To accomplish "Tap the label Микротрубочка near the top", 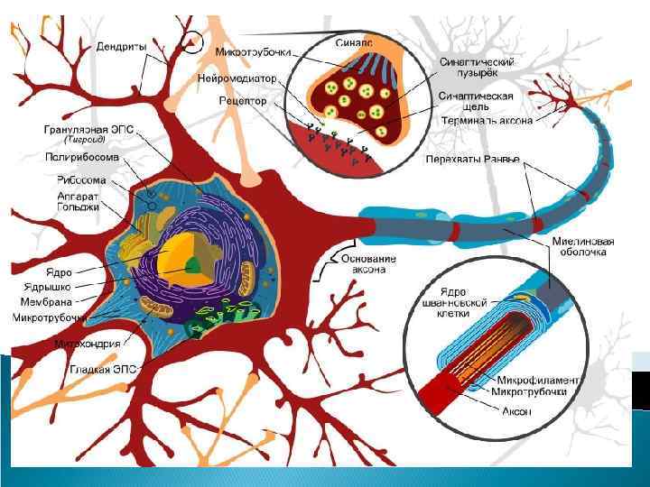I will (x=254, y=54).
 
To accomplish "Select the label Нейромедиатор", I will (x=238, y=79).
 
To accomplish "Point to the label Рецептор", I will (x=242, y=101).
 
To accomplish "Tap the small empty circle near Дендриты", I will (x=192, y=41).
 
